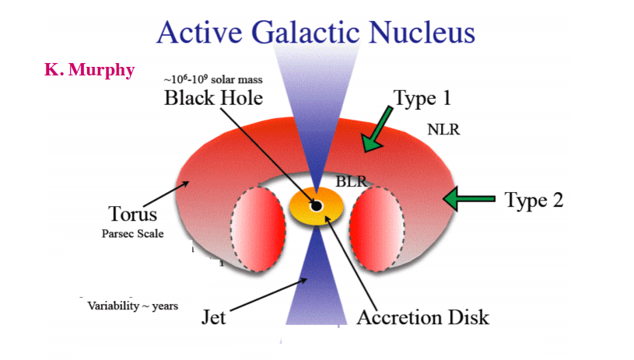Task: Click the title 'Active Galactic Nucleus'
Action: [x=315, y=33]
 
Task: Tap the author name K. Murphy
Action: [x=89, y=70]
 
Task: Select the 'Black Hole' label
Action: [x=213, y=99]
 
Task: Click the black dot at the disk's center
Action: [x=316, y=206]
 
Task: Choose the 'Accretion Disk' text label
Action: [x=423, y=317]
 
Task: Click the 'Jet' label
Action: [x=215, y=317]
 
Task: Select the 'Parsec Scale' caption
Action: [x=132, y=232]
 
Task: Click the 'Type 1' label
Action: [x=422, y=99]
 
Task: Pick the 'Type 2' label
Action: [x=534, y=200]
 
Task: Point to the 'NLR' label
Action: [x=443, y=130]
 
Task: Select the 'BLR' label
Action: [x=351, y=181]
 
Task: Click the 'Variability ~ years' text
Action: [x=132, y=306]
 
